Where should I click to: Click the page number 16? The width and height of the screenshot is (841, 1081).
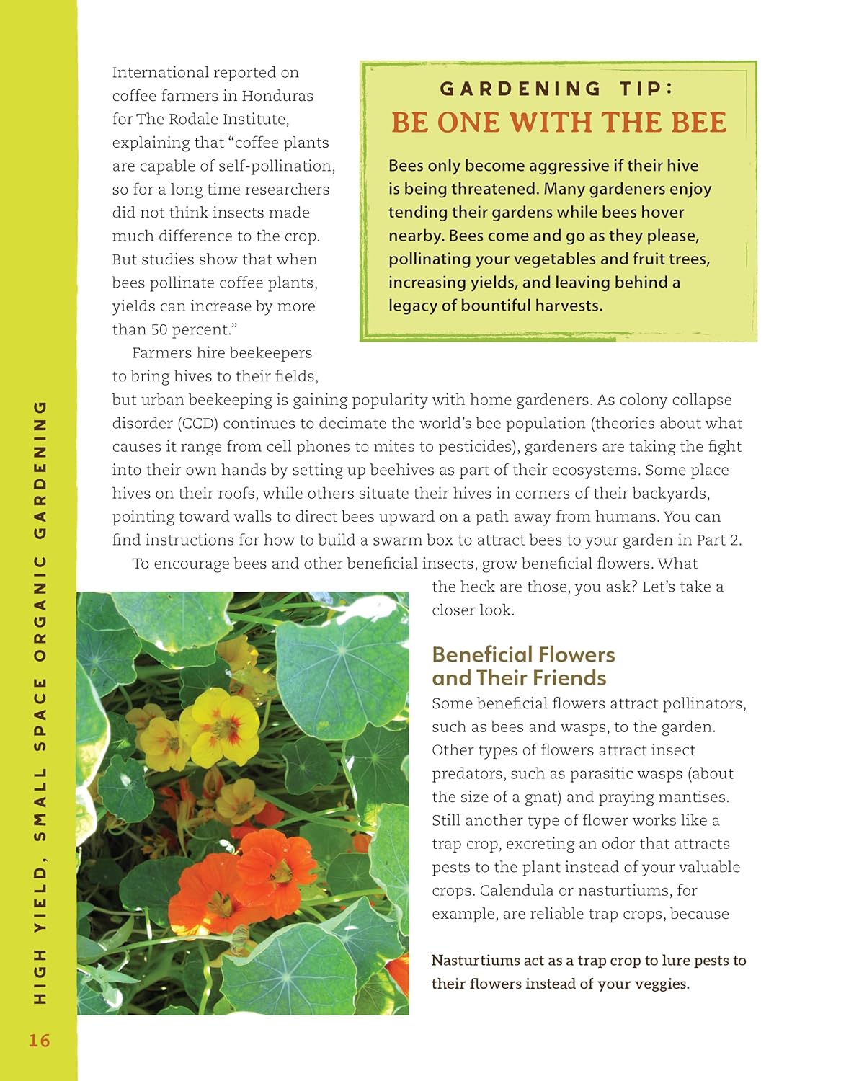point(39,1040)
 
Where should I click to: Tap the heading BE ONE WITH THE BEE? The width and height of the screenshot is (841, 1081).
point(559,123)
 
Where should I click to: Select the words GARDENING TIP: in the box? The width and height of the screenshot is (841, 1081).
point(556,89)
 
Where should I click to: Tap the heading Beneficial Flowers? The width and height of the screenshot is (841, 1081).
point(523,654)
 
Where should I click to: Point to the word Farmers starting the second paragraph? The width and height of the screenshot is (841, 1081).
point(158,353)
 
